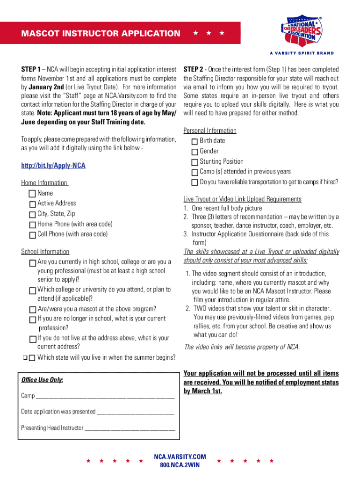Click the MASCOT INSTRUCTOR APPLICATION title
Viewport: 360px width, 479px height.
(x=100, y=33)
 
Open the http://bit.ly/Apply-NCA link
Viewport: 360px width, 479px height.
(x=53, y=166)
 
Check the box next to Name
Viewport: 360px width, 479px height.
(x=32, y=194)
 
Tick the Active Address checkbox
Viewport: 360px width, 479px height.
(x=32, y=204)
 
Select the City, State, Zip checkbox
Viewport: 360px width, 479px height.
(x=32, y=214)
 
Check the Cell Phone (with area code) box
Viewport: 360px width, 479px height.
(x=32, y=235)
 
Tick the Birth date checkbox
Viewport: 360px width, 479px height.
(x=194, y=141)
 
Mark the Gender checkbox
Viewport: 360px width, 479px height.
(x=194, y=152)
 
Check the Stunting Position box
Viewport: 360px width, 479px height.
(x=194, y=162)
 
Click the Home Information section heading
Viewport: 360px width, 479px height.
(x=44, y=183)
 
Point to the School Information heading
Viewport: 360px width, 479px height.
(x=45, y=252)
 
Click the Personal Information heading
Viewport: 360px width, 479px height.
(x=210, y=131)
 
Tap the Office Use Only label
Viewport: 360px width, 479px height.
(x=42, y=380)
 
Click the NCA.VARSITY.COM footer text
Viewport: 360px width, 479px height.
(x=180, y=457)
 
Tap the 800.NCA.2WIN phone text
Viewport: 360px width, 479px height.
(x=180, y=465)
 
